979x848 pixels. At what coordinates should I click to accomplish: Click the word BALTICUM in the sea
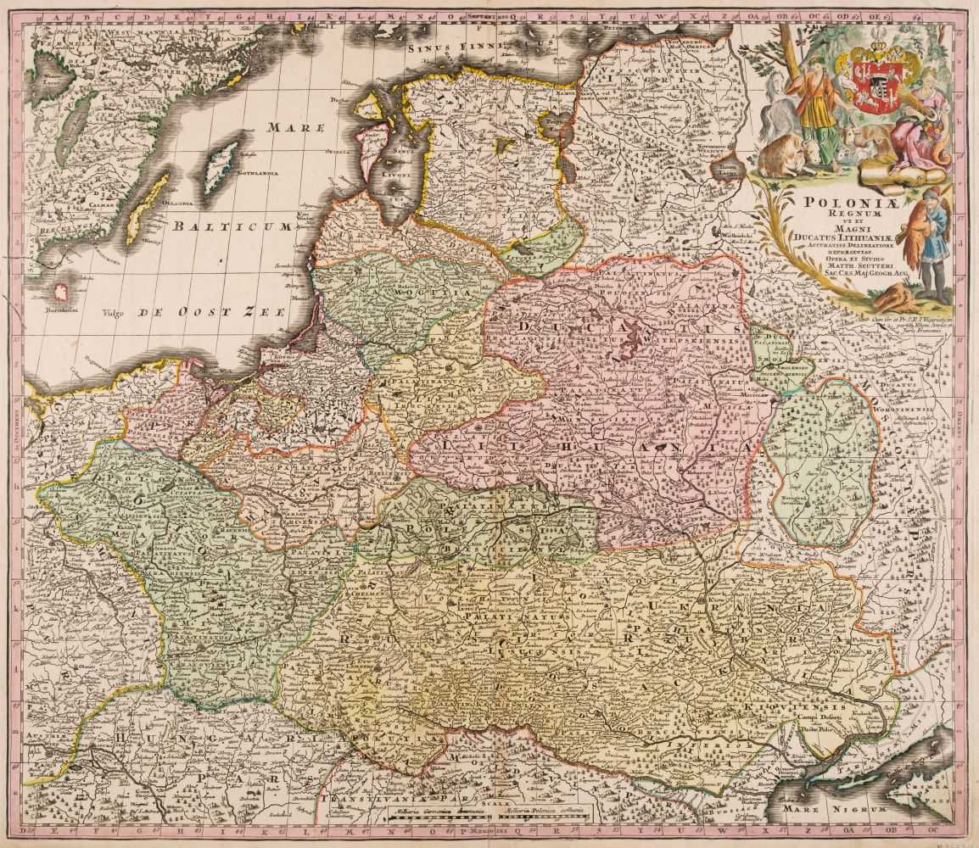(229, 226)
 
